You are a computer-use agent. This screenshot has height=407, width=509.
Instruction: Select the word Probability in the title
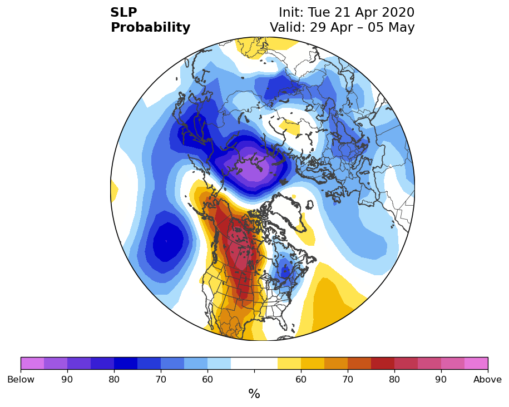pos(150,28)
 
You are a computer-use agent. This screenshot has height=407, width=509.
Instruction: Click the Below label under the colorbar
pos(21,379)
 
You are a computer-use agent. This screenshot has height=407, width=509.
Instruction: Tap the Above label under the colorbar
pos(487,379)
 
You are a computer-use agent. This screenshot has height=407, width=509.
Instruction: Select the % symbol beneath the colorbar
pos(254,394)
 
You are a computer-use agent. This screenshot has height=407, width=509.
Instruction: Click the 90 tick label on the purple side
pos(67,379)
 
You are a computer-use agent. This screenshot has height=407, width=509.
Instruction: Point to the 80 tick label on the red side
pos(394,379)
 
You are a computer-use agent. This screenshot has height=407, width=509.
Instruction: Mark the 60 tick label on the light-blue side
pos(207,379)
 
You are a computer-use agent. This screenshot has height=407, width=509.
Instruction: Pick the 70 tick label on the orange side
pos(348,379)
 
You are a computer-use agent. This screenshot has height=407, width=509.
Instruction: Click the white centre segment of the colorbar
pos(254,363)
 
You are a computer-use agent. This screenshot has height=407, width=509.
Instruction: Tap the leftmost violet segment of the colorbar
pos(32,363)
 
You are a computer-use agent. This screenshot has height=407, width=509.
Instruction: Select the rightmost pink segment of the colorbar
pos(476,363)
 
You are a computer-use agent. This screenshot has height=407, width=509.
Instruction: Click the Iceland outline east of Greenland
pos(310,205)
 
